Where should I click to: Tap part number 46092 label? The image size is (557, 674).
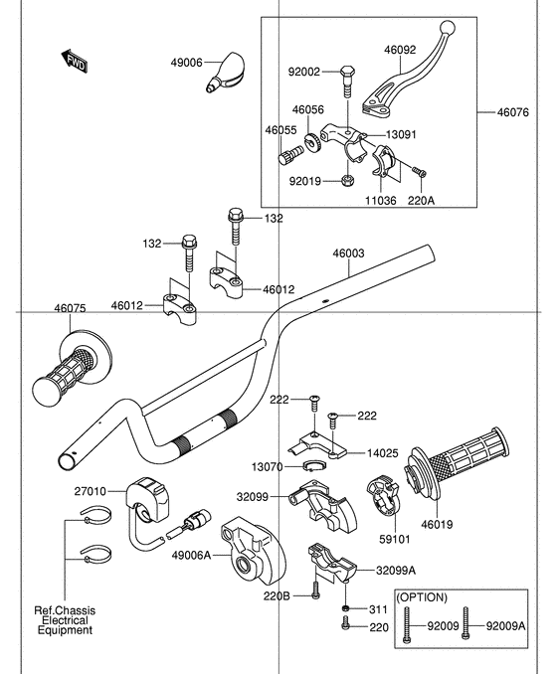pyautogui.click(x=403, y=46)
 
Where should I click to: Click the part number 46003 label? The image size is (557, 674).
pyautogui.click(x=349, y=254)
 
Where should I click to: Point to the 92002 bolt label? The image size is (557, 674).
pyautogui.click(x=304, y=72)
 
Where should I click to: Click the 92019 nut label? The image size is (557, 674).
pyautogui.click(x=304, y=182)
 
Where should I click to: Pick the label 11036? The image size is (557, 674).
pyautogui.click(x=380, y=199)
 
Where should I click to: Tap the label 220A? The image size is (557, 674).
pyautogui.click(x=422, y=199)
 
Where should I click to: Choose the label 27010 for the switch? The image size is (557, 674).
pyautogui.click(x=90, y=490)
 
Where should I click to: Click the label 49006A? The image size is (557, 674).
pyautogui.click(x=192, y=555)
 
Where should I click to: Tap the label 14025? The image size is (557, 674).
pyautogui.click(x=383, y=453)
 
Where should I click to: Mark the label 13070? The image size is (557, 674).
pyautogui.click(x=265, y=466)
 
